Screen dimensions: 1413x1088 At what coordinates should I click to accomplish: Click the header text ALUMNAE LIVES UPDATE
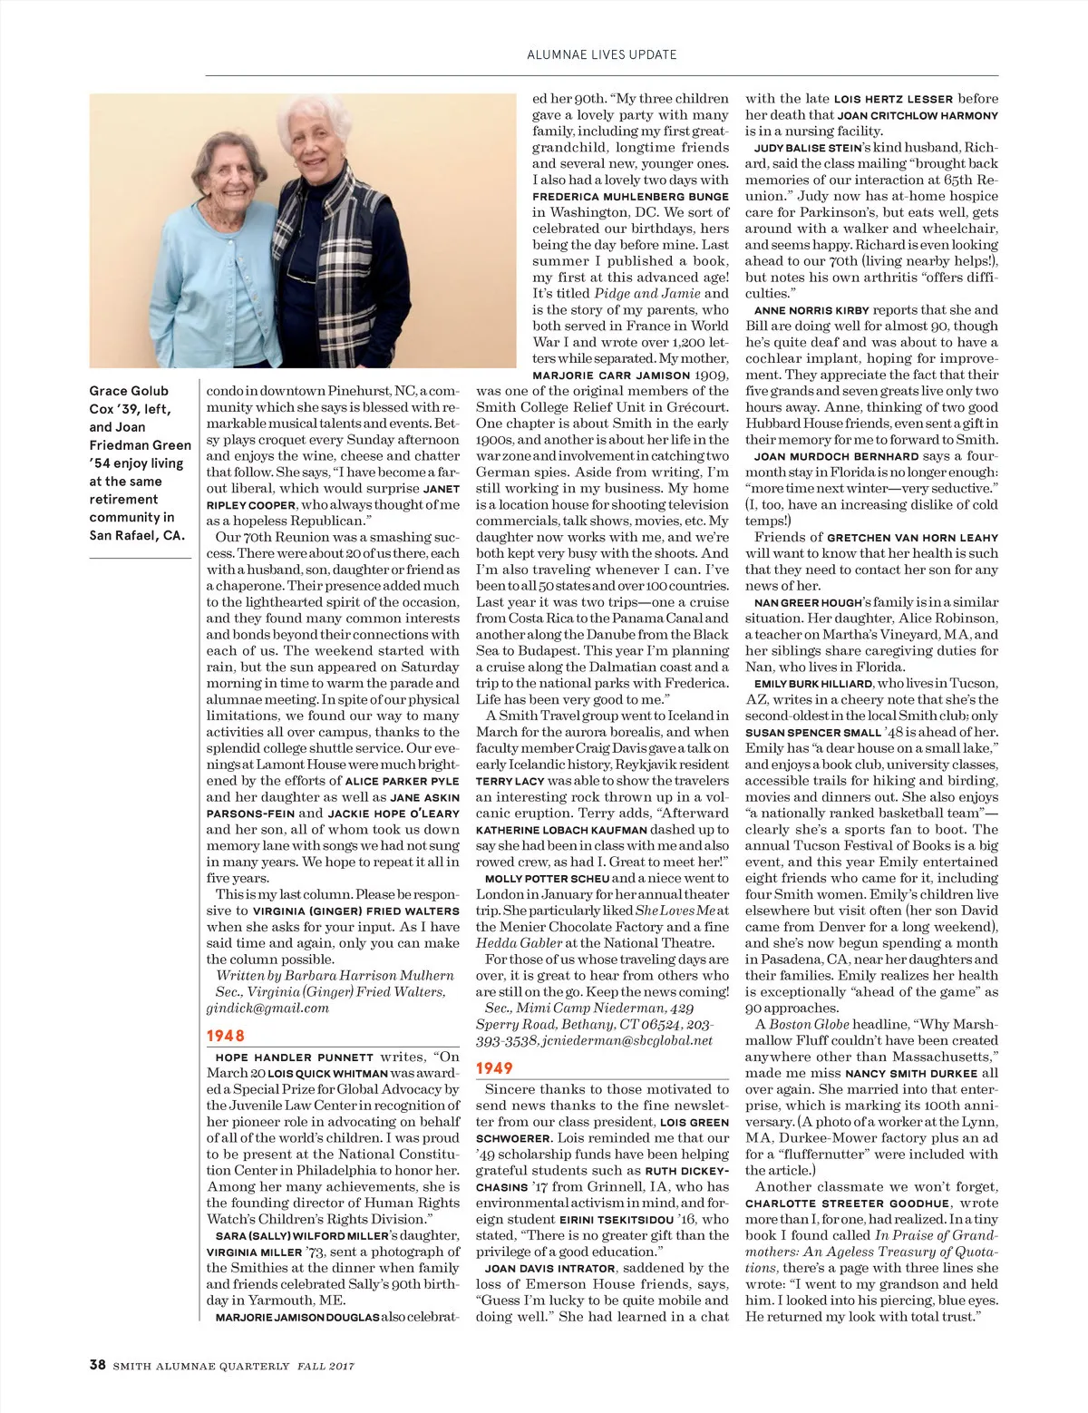[x=602, y=54]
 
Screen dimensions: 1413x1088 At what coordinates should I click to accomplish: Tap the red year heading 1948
[x=225, y=1036]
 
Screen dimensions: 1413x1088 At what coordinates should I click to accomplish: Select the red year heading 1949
[x=494, y=1068]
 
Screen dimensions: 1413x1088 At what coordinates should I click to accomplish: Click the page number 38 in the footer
[x=98, y=1365]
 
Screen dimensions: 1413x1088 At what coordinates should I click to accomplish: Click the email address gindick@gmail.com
[x=267, y=1008]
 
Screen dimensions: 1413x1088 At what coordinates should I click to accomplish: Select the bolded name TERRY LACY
[x=510, y=781]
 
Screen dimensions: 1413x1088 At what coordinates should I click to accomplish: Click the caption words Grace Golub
[x=129, y=391]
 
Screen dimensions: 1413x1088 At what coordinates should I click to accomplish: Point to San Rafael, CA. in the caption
[x=137, y=535]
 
